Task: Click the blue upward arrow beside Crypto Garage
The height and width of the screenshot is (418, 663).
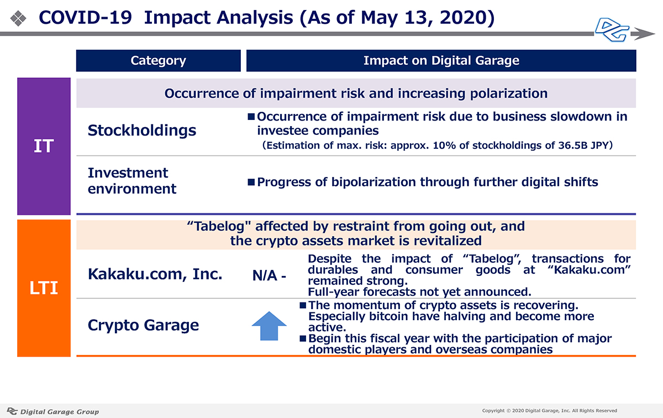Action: (269, 326)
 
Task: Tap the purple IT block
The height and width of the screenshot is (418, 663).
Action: (44, 147)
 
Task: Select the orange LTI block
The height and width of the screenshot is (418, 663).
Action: (44, 288)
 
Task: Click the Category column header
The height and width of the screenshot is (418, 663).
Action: (159, 61)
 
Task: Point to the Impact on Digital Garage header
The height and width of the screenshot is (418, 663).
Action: (441, 61)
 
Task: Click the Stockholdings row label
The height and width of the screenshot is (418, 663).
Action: (142, 130)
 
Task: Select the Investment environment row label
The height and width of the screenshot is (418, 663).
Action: (132, 181)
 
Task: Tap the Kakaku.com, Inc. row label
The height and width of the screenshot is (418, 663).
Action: (155, 274)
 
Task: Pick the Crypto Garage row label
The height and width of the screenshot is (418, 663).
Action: (143, 325)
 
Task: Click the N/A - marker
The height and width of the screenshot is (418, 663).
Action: (269, 276)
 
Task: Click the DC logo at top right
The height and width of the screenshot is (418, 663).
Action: (612, 30)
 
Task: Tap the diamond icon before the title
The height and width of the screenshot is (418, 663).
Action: (18, 18)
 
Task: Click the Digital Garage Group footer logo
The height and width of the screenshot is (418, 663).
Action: (52, 411)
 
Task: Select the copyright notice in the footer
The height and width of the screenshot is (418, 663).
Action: (549, 411)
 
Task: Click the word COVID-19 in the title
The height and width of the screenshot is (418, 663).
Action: (85, 18)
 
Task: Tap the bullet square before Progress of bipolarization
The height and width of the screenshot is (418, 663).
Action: (251, 182)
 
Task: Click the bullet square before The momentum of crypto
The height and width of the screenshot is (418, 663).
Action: (303, 305)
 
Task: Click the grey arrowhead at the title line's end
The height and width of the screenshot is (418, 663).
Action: (643, 34)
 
